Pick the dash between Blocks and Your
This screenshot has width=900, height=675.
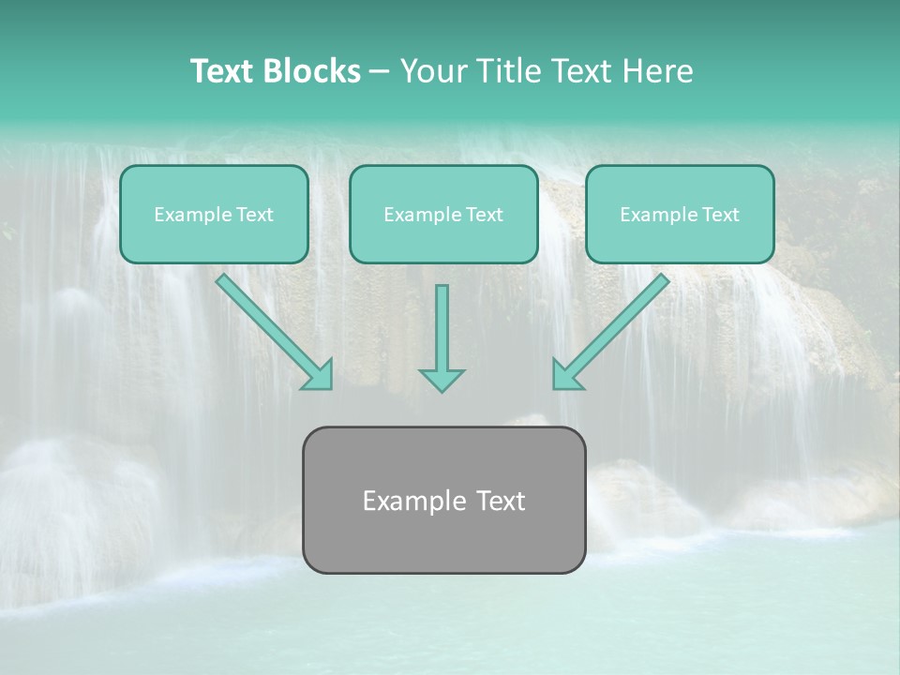380,72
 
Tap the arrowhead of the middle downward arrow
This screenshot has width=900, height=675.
442,379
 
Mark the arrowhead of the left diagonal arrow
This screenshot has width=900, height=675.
320,376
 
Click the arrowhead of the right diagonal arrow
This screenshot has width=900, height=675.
565,376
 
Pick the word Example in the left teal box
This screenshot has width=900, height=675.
185,215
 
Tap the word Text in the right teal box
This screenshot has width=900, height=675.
720,215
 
